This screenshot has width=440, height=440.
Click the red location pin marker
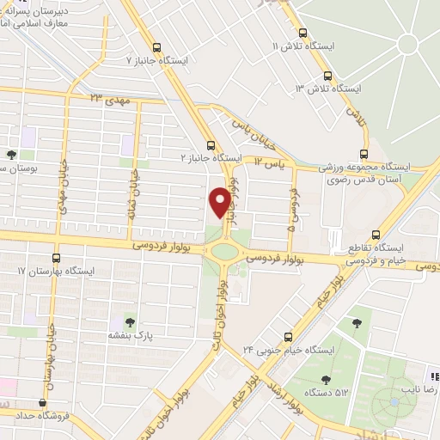point(220,201)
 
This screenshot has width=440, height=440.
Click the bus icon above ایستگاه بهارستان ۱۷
point(57,257)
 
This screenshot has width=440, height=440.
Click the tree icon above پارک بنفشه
point(130,322)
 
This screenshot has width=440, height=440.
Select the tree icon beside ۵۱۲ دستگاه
point(325,379)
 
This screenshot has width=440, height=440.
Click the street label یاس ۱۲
point(269,161)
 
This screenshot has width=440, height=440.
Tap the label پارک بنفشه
point(130,336)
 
